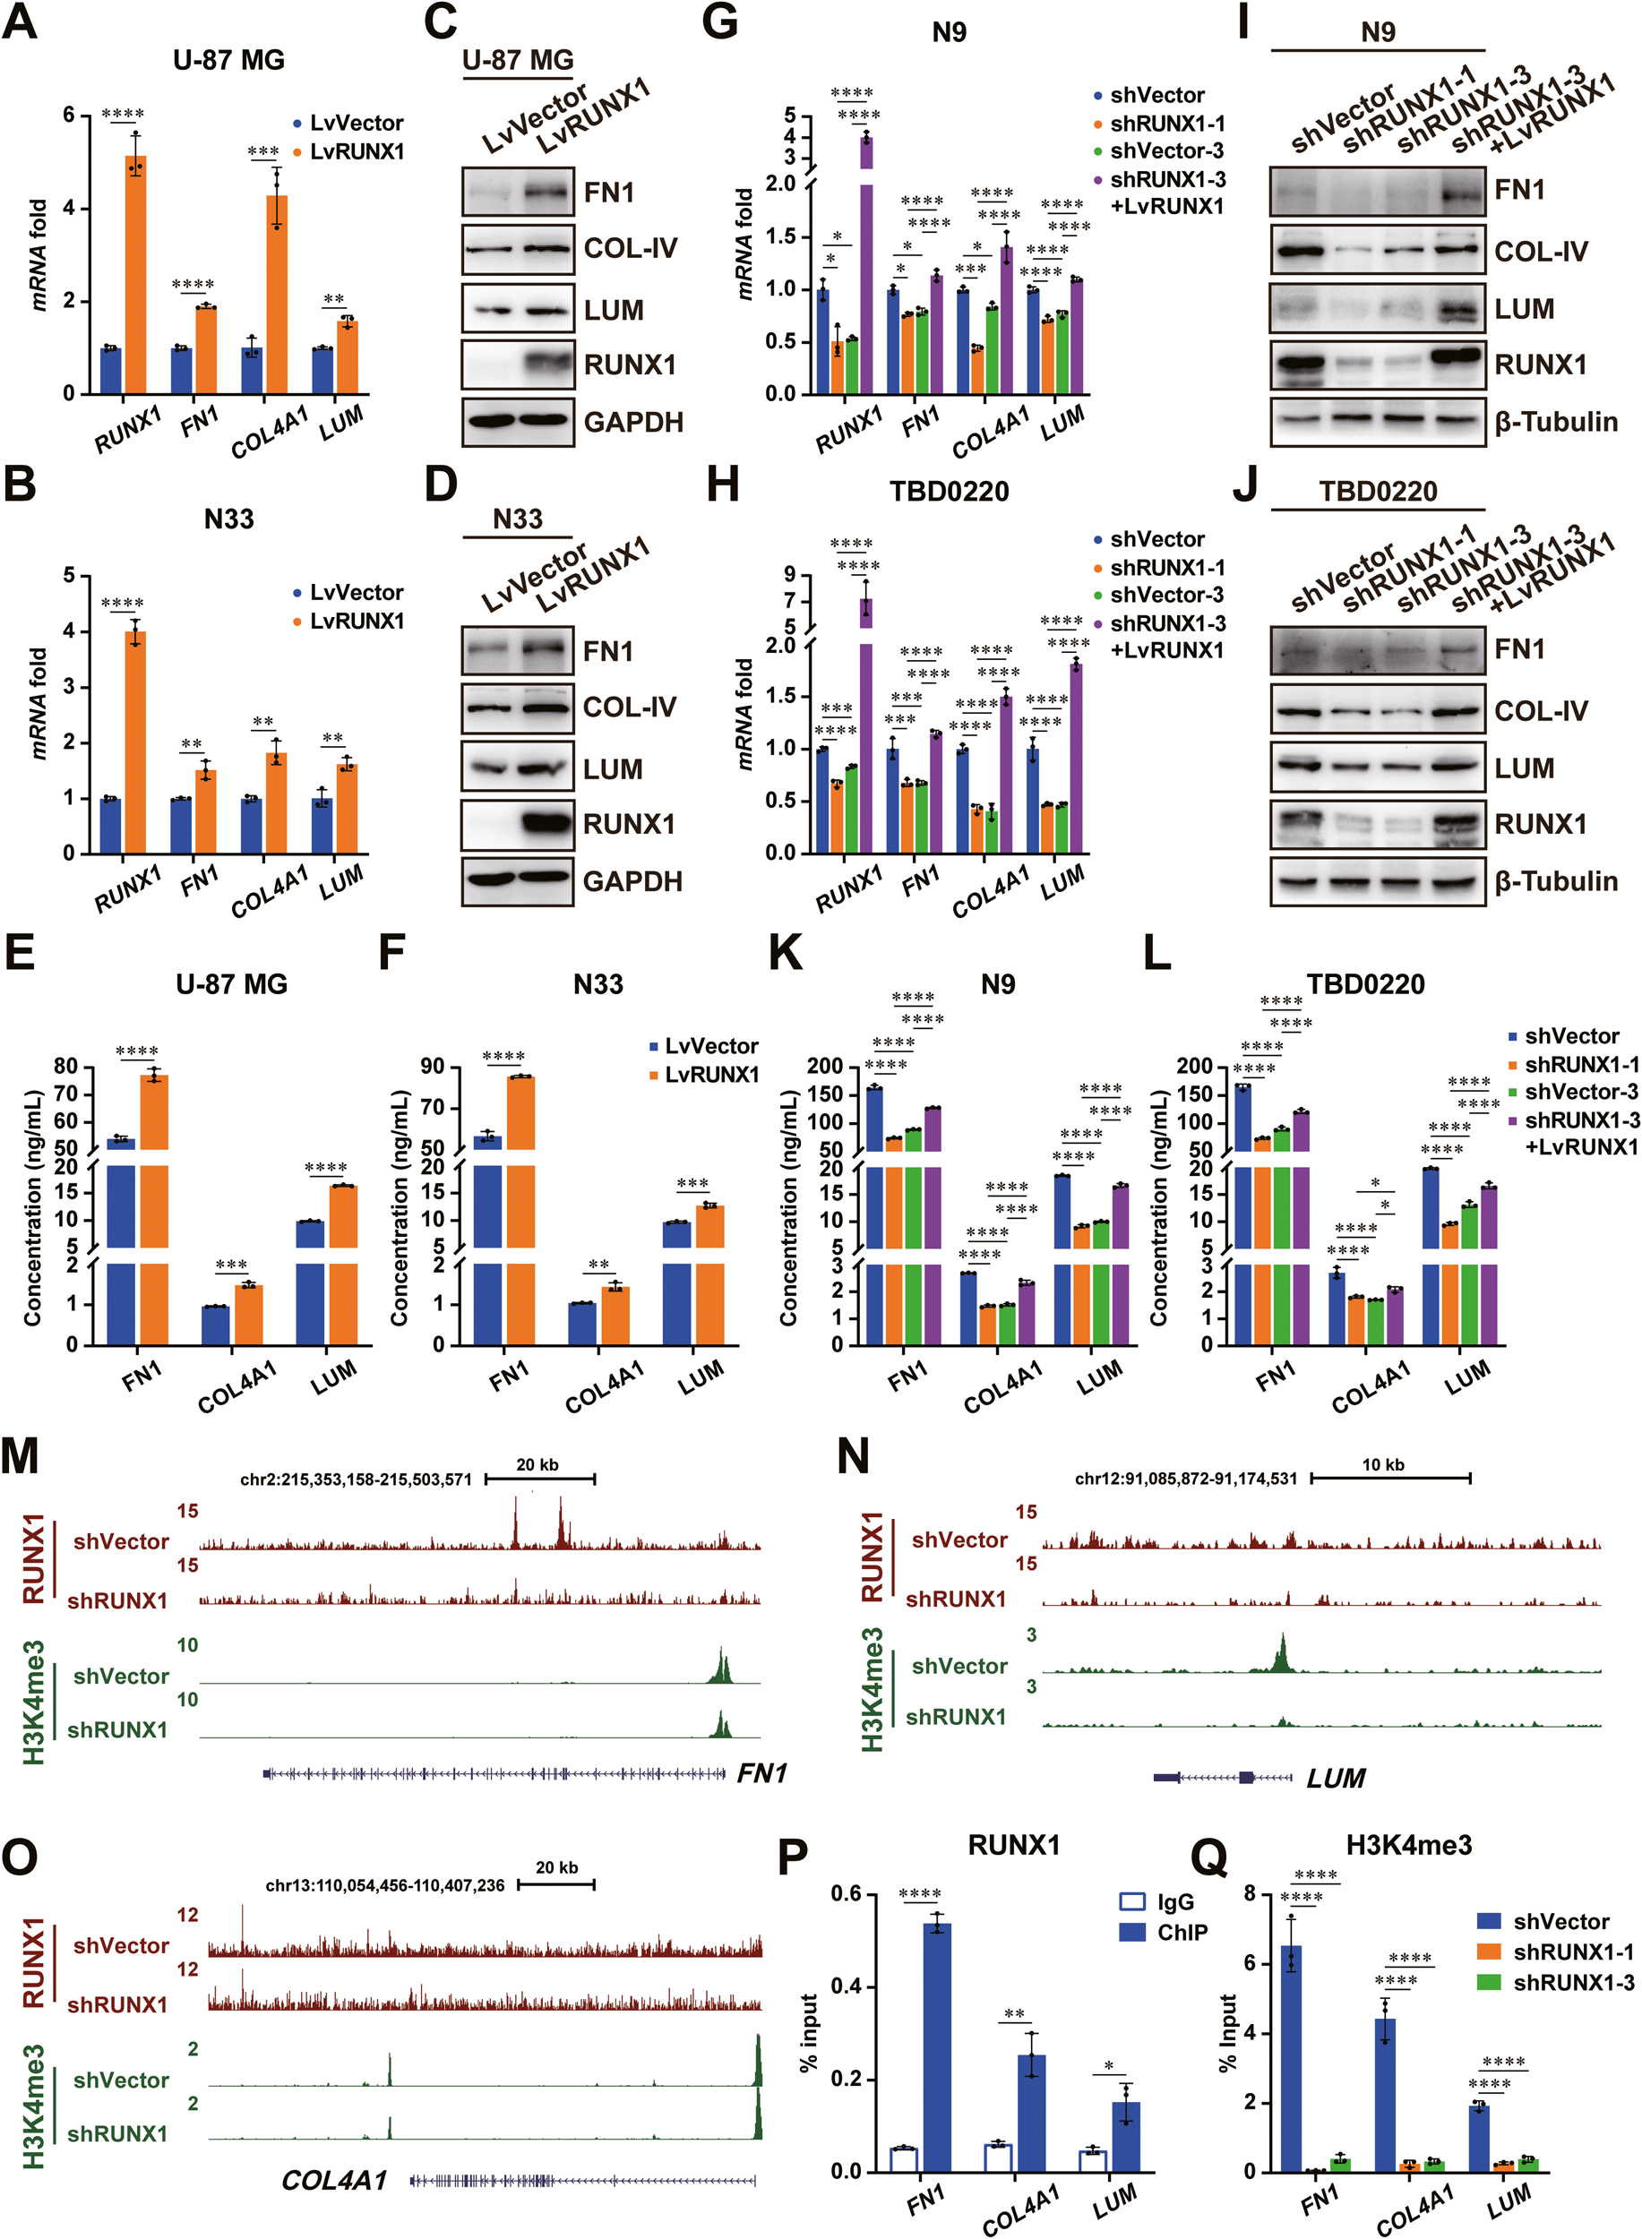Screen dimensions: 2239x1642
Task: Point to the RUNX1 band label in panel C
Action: coord(629,365)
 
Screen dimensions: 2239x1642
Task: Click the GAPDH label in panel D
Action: coord(632,881)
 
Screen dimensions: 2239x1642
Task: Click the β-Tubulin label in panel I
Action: coord(1555,423)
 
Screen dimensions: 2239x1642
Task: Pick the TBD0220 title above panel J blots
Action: coord(1378,491)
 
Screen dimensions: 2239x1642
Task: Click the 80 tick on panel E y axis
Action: coord(65,1067)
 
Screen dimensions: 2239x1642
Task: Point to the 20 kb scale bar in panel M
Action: coord(538,1478)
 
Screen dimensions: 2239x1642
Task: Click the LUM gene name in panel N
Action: coord(1335,1778)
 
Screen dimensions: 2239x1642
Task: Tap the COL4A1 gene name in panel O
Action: coord(334,2181)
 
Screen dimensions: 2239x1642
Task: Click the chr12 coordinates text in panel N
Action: coord(1186,1479)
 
